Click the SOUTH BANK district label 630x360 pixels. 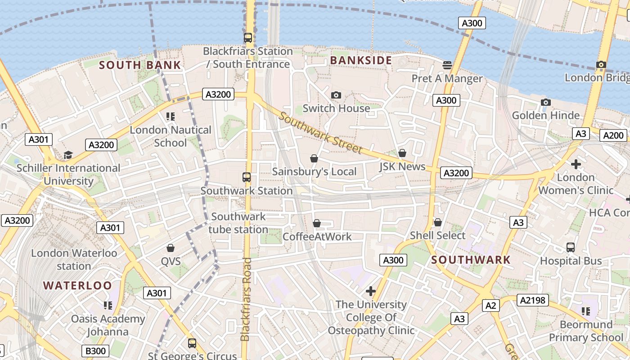tap(140, 65)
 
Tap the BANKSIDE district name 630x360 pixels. tap(361, 60)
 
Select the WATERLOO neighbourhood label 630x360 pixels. tap(77, 285)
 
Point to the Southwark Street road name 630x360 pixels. tap(320, 132)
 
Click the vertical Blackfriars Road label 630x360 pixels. tap(246, 299)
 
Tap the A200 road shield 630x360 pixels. tap(614, 135)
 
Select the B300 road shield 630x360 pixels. tap(95, 351)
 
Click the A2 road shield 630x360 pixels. tap(490, 306)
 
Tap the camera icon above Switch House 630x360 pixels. tap(336, 95)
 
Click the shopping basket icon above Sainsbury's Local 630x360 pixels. tap(314, 158)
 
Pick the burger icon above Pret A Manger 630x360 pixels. tap(447, 65)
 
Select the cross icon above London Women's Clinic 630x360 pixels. tap(576, 164)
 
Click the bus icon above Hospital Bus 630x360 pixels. tap(571, 247)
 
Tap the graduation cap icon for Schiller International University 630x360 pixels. tap(68, 155)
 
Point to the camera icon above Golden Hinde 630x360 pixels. tap(546, 102)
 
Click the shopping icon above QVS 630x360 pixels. tap(171, 248)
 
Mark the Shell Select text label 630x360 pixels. tap(437, 235)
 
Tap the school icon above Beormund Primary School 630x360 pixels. tap(585, 311)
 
